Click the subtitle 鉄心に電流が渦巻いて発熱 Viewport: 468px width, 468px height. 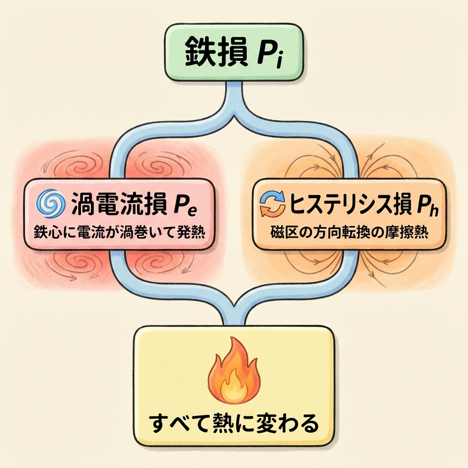[x=119, y=232]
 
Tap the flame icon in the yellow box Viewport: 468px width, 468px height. [x=233, y=370]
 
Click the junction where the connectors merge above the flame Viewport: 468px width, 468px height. [x=234, y=305]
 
